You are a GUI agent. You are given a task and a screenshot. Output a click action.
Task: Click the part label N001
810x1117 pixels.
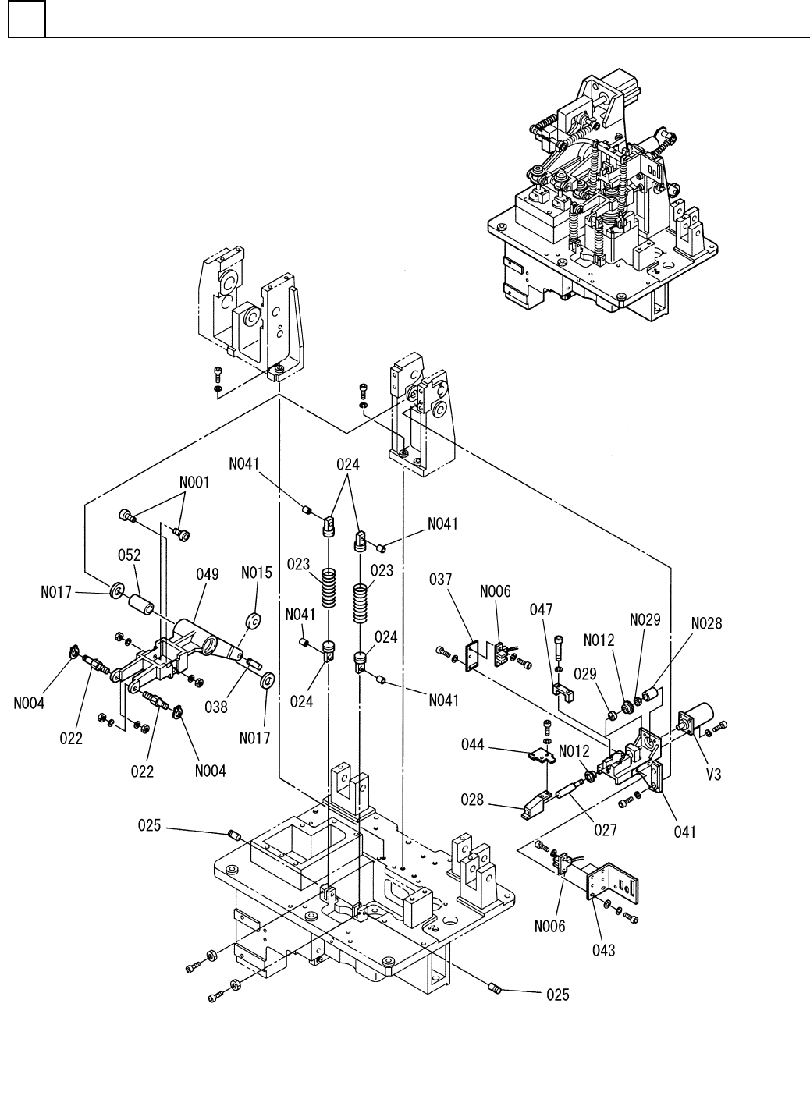194,483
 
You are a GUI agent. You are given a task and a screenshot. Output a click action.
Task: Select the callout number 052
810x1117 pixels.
130,555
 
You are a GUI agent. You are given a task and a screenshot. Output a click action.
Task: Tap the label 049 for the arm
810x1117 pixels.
208,575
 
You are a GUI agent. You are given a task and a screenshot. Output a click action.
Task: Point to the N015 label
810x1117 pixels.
257,573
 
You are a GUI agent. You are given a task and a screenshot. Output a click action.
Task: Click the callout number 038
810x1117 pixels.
216,707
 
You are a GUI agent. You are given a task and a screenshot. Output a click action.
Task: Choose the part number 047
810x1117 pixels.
542,610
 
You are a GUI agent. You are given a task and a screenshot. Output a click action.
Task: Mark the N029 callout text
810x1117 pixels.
645,619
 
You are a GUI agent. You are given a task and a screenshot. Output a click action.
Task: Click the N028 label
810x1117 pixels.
706,623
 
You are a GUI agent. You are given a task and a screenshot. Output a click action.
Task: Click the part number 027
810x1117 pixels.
605,830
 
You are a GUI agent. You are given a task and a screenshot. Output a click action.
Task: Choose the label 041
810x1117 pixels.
684,832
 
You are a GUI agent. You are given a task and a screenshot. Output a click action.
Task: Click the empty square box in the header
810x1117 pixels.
27,19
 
